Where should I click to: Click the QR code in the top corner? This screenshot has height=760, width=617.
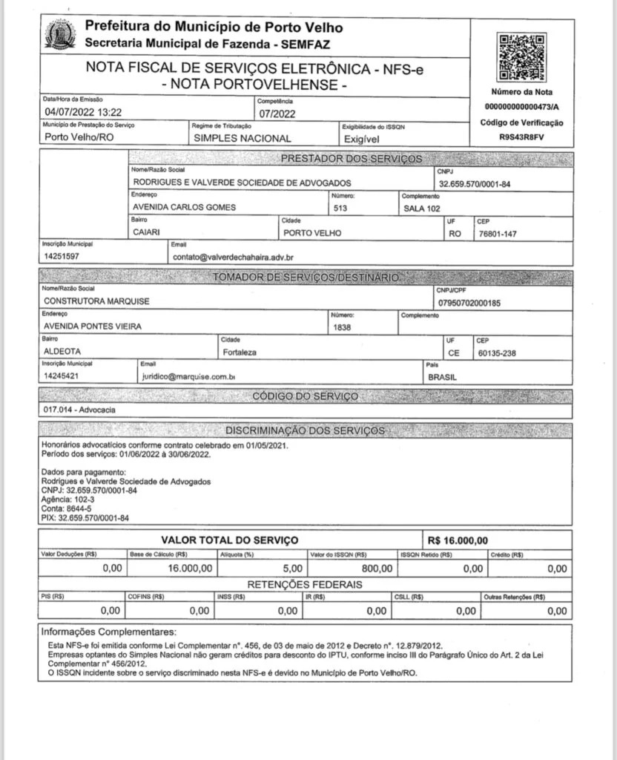522,57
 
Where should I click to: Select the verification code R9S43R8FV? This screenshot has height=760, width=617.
521,137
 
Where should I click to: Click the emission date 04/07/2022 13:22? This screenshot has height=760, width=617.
82,113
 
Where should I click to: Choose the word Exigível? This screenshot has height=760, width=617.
362,138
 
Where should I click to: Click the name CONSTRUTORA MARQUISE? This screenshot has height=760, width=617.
96,301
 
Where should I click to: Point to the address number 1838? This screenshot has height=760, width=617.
342,327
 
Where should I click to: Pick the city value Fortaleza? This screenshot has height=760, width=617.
240,352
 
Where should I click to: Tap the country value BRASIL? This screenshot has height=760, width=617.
443,377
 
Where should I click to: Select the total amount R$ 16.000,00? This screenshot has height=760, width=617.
458,540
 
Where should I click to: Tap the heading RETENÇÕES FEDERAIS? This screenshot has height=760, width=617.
305,585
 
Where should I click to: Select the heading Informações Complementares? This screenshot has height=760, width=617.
109,632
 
